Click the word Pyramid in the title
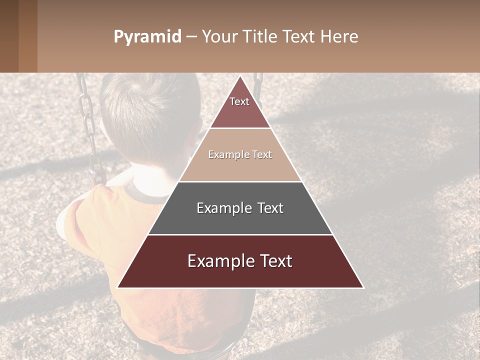[147, 37]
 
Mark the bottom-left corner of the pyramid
[118, 287]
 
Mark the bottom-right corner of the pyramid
[363, 287]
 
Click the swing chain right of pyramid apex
[258, 87]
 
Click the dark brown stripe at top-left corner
[9, 36]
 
